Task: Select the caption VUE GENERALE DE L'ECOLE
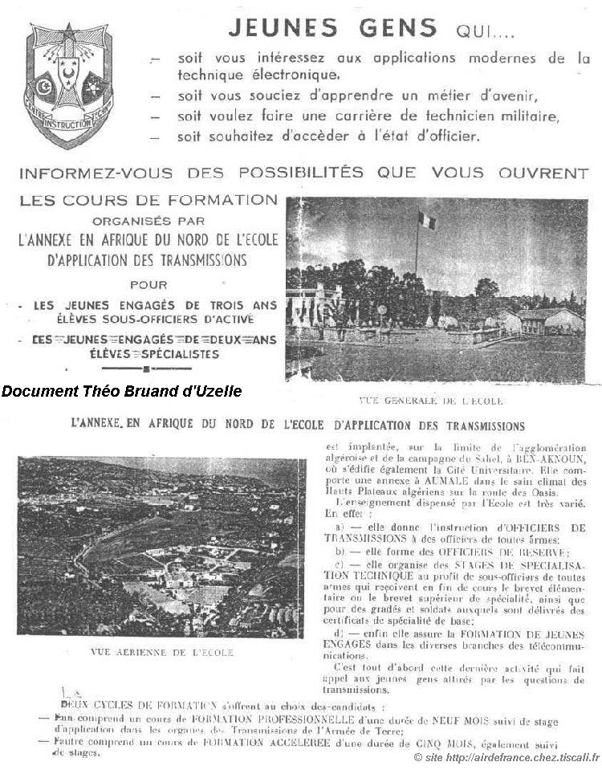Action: click(433, 400)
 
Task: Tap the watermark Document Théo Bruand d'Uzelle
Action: click(121, 391)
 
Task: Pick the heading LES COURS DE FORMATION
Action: click(148, 201)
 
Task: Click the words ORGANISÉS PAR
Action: click(148, 219)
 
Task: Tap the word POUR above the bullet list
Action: click(148, 284)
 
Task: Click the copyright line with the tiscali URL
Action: click(506, 758)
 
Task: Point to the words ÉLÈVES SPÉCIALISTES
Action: click(149, 352)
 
